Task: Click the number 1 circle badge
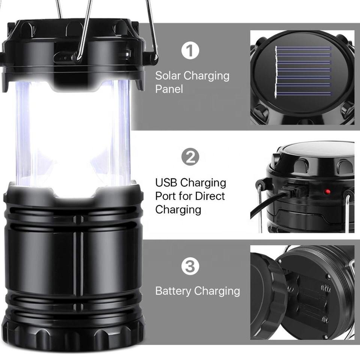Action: click(190, 51)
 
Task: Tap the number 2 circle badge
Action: click(190, 157)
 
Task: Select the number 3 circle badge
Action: click(190, 266)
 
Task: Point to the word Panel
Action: click(169, 89)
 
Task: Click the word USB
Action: click(166, 183)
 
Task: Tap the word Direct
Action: click(210, 196)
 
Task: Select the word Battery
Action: click(173, 291)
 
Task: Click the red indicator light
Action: click(328, 191)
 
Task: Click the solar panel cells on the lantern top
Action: click(303, 72)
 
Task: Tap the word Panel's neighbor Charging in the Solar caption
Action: click(207, 76)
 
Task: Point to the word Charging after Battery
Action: click(217, 291)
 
